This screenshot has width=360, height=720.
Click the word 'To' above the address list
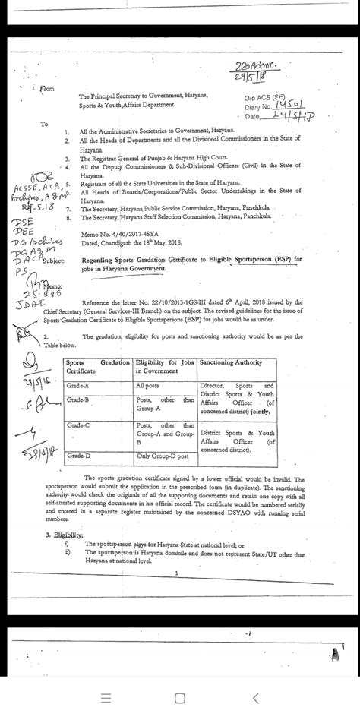click(44, 125)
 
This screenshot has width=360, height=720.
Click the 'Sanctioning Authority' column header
click(233, 364)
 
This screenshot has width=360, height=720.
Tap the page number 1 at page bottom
click(175, 573)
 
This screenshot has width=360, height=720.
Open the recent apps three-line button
click(107, 699)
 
